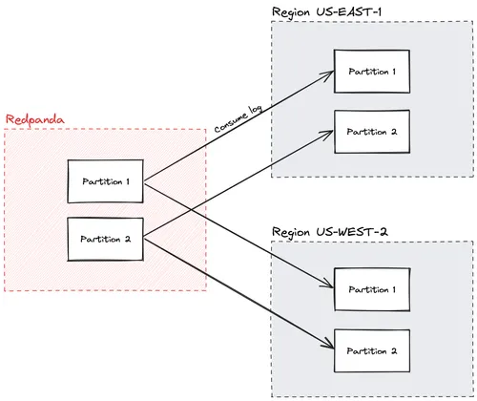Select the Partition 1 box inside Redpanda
106,181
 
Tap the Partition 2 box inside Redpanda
106,238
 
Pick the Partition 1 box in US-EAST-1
372,72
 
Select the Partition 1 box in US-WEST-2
372,288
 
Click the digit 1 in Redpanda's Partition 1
128,181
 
